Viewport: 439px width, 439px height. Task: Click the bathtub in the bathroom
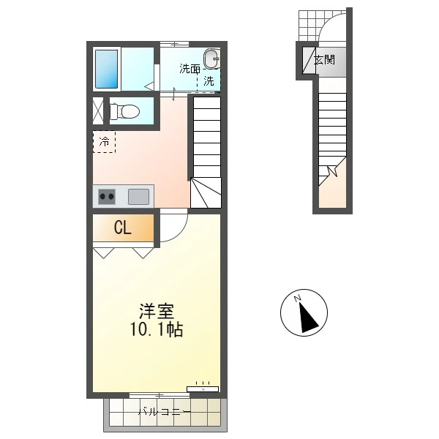(x=106, y=70)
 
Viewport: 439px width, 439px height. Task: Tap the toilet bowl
(x=124, y=111)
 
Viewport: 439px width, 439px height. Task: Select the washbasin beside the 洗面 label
(x=211, y=59)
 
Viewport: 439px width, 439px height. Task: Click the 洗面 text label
(x=190, y=69)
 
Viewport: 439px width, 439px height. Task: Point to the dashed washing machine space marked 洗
(x=209, y=80)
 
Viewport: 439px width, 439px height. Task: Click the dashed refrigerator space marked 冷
(x=104, y=142)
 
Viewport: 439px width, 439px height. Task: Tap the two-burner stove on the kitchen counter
(x=107, y=197)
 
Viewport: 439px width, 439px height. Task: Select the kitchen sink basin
(x=138, y=197)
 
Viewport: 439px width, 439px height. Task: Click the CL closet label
(x=123, y=228)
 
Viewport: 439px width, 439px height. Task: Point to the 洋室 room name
(x=157, y=311)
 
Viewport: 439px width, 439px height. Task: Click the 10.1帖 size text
(x=157, y=329)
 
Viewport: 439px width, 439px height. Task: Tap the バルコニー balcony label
(x=165, y=412)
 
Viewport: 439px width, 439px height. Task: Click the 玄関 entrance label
(x=324, y=60)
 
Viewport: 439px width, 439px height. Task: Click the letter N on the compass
(x=297, y=299)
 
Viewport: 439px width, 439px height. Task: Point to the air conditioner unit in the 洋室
(x=203, y=389)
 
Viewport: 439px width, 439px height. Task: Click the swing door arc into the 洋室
(x=180, y=233)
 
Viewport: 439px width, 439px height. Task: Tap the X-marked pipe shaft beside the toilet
(x=98, y=110)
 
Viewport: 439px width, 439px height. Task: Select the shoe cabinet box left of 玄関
(x=309, y=61)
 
